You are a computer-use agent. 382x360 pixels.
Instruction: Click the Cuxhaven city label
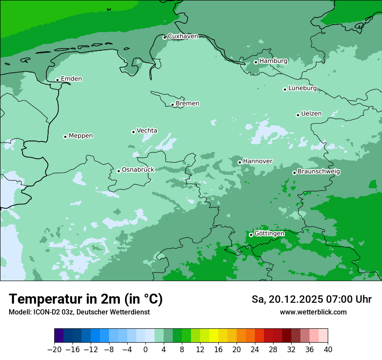(183, 36)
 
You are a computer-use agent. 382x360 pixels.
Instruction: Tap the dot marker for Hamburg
(256, 62)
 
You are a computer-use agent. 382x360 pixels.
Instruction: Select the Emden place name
(71, 79)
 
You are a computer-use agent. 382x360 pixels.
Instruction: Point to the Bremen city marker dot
(172, 105)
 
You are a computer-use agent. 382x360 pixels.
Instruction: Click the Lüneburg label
(302, 88)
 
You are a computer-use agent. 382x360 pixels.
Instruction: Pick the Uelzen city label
(311, 114)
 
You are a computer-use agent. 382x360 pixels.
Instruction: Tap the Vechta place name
(147, 131)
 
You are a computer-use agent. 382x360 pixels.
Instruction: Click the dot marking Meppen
(65, 137)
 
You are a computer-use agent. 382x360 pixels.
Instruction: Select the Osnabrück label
(138, 170)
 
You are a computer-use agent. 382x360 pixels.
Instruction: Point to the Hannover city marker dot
(240, 162)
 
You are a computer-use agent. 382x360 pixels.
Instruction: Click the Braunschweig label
(319, 172)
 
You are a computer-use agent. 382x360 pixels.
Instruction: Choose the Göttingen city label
(269, 233)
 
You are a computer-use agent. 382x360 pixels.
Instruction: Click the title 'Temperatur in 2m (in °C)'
(86, 299)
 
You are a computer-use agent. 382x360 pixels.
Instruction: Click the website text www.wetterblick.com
(313, 312)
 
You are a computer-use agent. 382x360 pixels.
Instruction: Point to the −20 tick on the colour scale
(54, 350)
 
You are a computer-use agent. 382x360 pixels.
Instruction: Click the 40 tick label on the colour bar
(328, 350)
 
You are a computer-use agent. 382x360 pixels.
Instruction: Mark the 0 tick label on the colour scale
(145, 350)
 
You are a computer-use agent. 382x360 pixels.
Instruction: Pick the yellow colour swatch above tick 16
(214, 336)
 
